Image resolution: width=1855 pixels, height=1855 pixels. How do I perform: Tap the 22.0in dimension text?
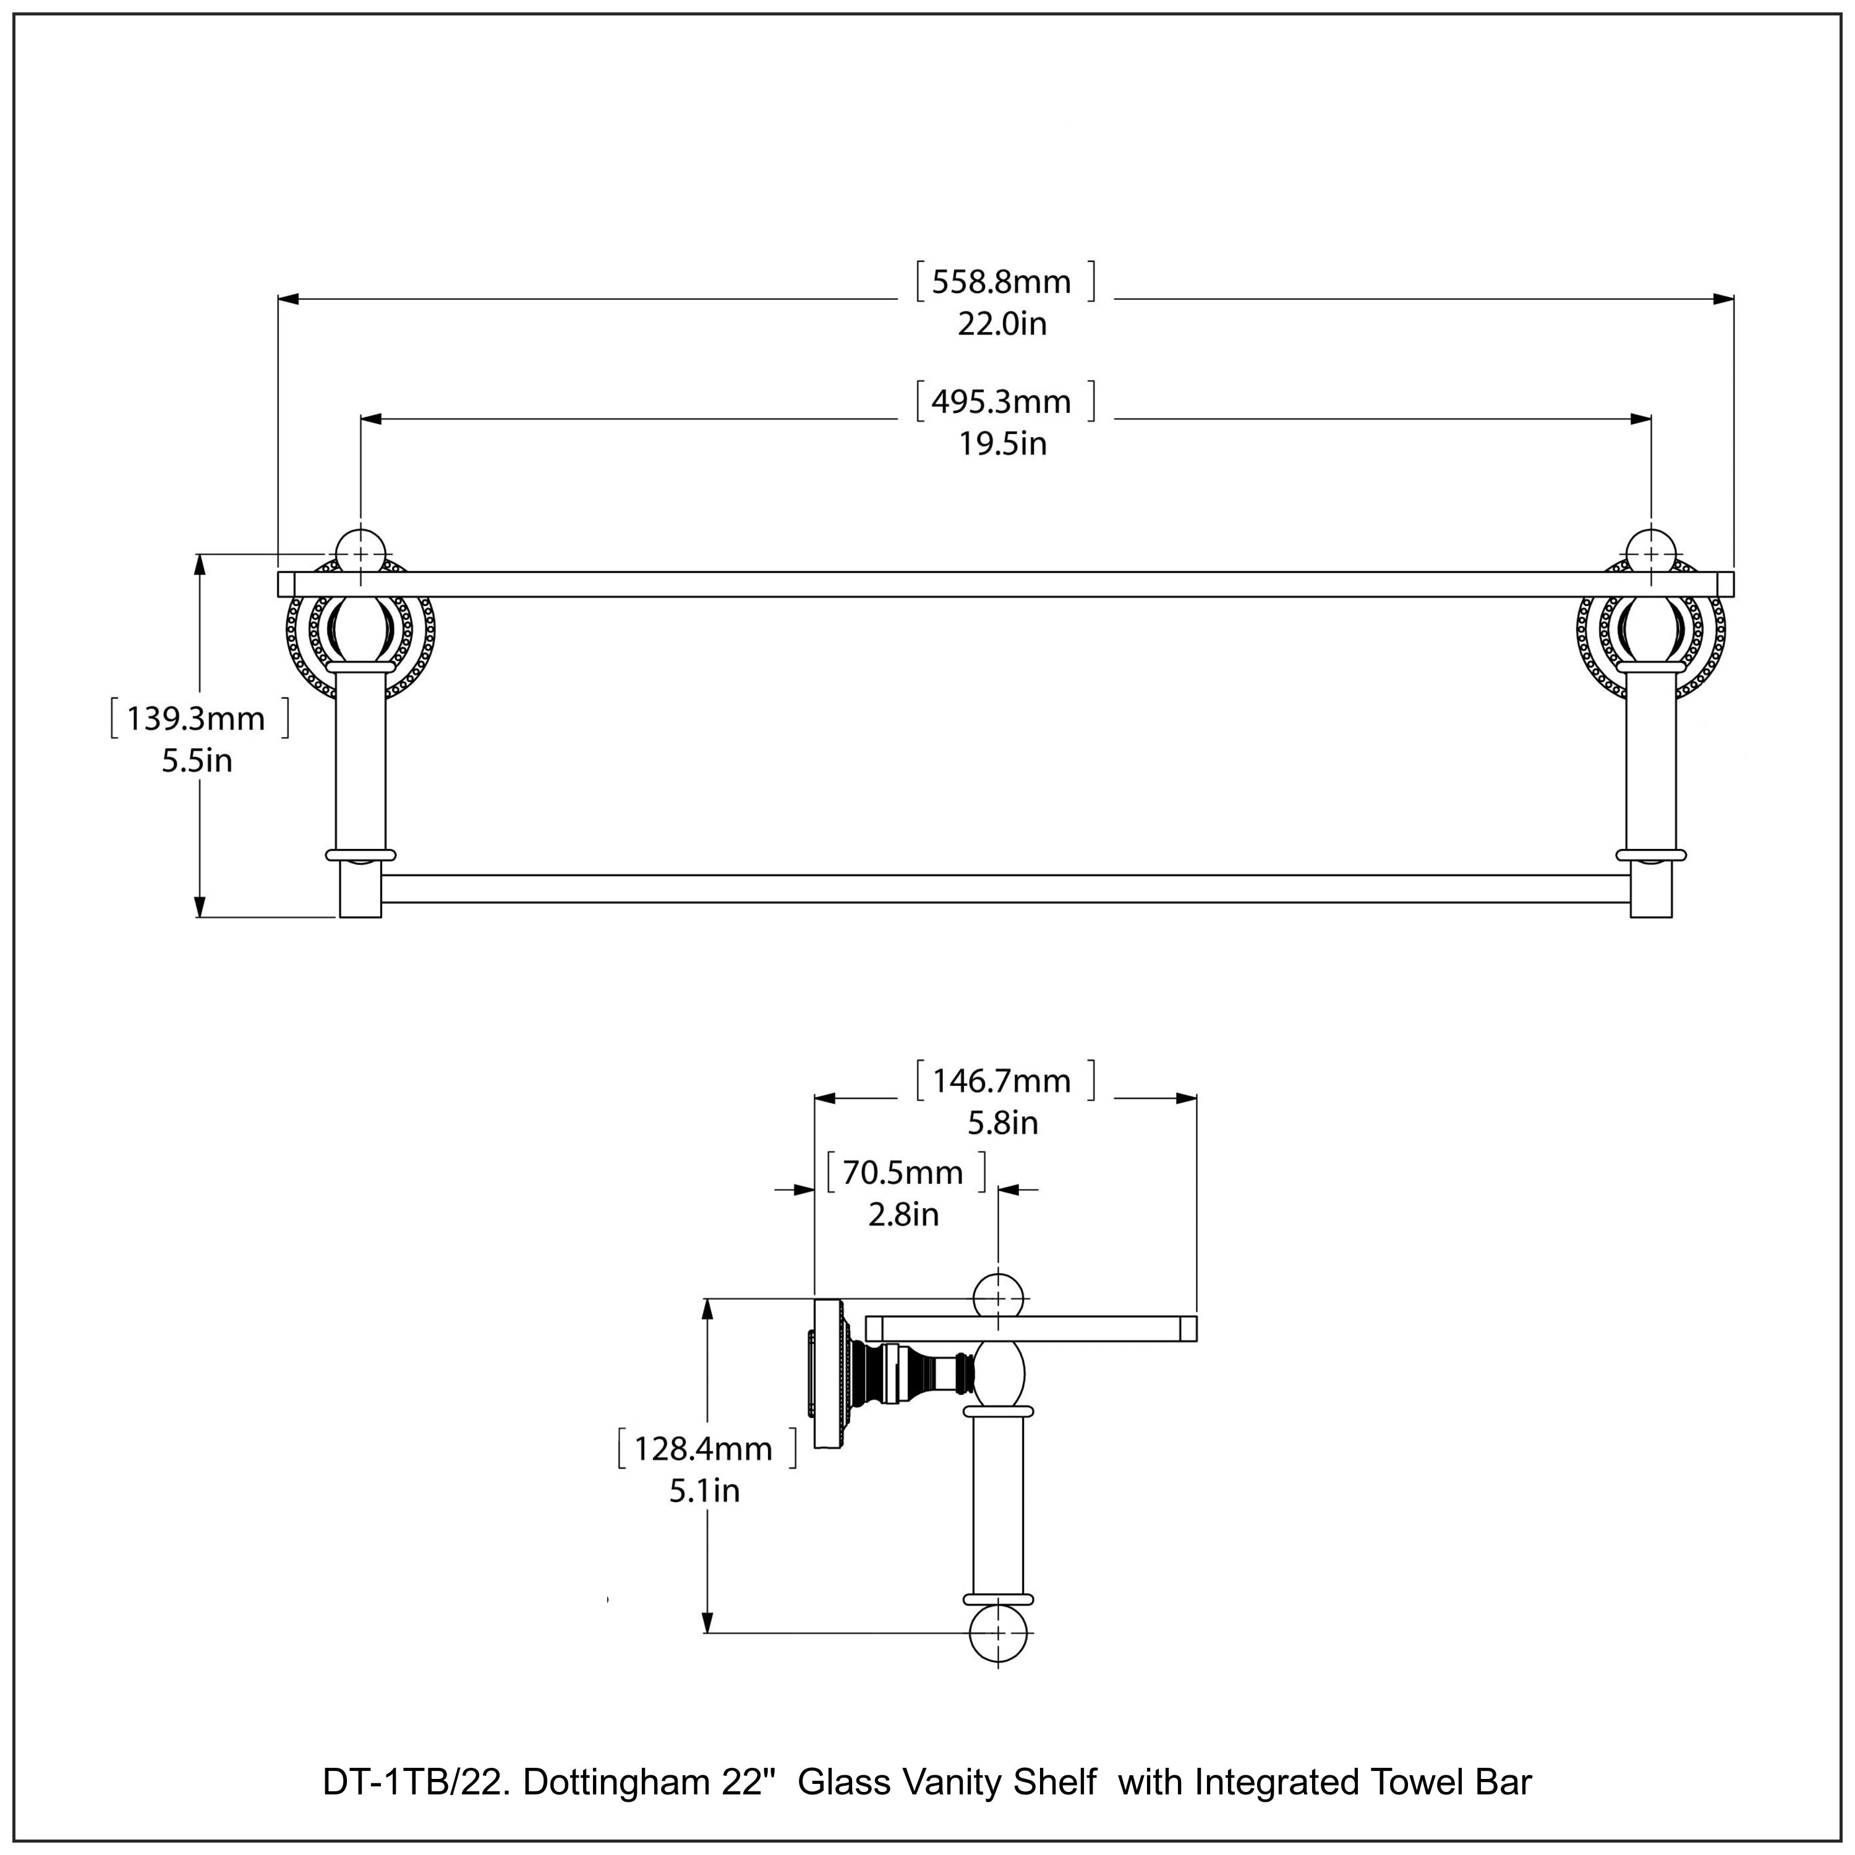(1002, 325)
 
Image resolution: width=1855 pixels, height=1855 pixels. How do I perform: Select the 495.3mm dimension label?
(1002, 401)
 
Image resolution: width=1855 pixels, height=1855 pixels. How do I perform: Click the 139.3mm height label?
(196, 718)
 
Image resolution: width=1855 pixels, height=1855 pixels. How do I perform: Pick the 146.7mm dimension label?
(1002, 1081)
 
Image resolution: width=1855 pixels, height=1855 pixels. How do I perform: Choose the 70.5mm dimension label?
(903, 1172)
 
